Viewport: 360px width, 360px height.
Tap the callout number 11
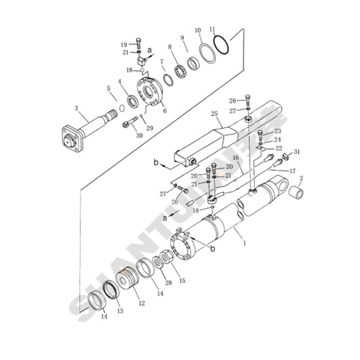tap(212, 30)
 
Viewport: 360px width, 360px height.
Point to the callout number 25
tap(214, 114)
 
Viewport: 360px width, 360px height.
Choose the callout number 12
tap(142, 303)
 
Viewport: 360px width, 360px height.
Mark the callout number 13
tap(120, 310)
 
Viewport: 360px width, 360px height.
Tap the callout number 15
tap(182, 280)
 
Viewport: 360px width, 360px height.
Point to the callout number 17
tap(292, 171)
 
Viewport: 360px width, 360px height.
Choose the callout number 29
tap(150, 127)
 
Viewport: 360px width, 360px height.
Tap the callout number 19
tap(123, 45)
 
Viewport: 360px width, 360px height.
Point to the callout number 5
tap(109, 89)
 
